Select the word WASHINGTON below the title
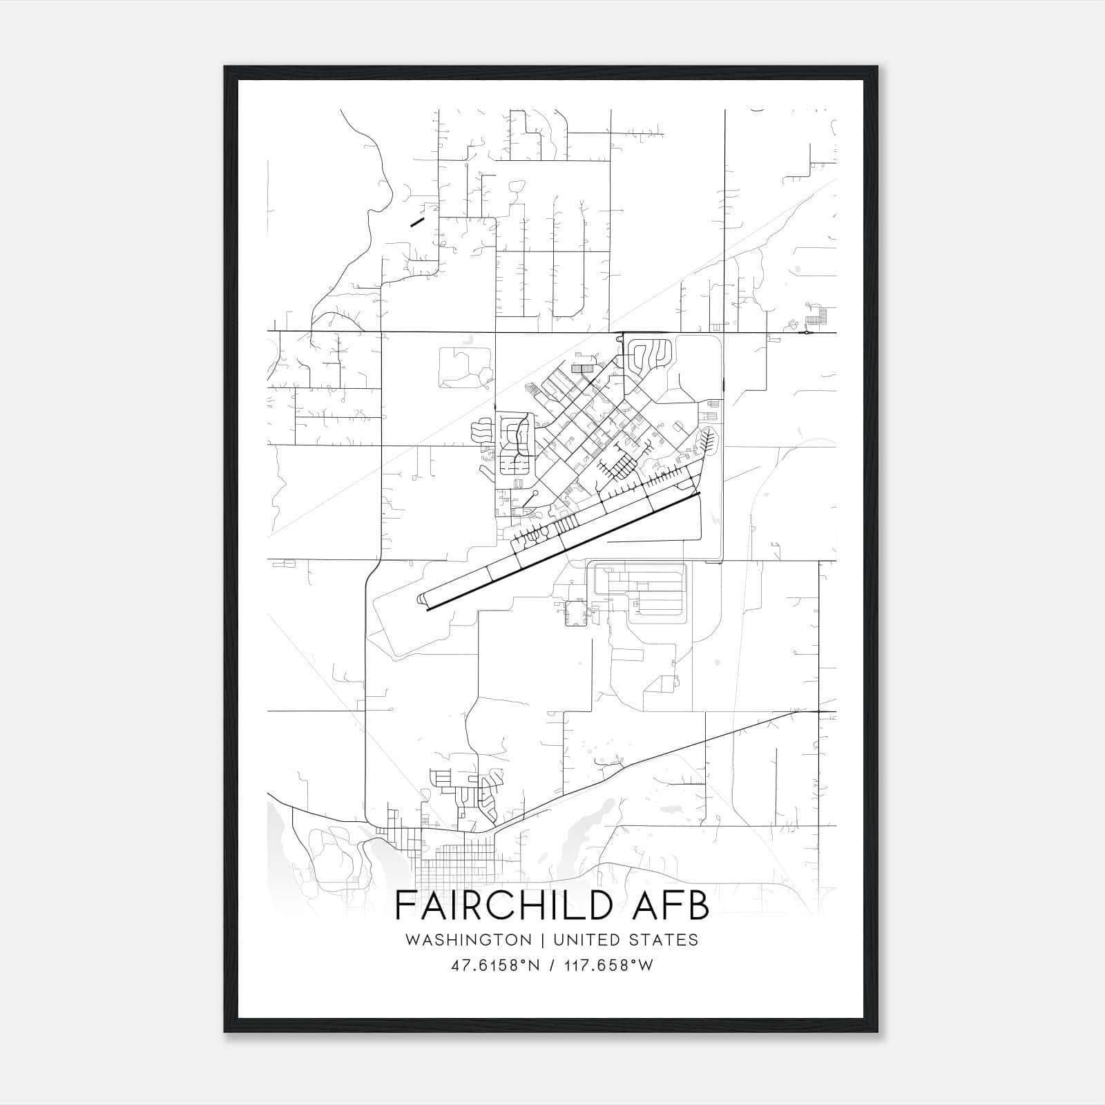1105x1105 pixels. pyautogui.click(x=468, y=940)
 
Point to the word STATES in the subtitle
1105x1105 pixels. pyautogui.click(x=664, y=940)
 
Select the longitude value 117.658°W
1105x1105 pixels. pyautogui.click(x=606, y=965)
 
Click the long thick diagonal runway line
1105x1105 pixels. pyautogui.click(x=564, y=552)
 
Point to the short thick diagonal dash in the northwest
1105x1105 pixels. pyautogui.click(x=416, y=222)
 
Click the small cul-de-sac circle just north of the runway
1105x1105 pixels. pyautogui.click(x=536, y=493)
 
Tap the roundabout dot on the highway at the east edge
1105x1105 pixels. pyautogui.click(x=806, y=333)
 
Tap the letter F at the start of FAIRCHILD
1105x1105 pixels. pyautogui.click(x=404, y=906)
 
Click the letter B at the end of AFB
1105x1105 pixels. pyautogui.click(x=699, y=906)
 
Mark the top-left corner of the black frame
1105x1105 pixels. pyautogui.click(x=225, y=67)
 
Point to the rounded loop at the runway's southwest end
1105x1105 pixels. pyautogui.click(x=421, y=599)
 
